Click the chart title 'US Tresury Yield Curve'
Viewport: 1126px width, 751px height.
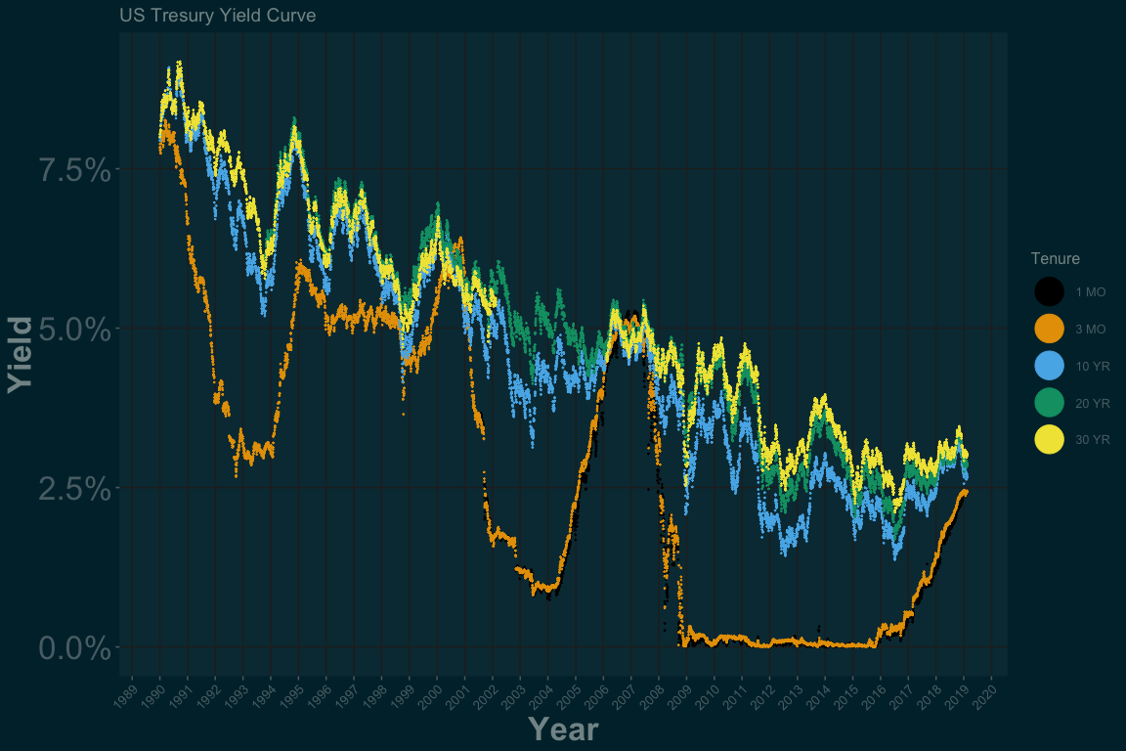tap(217, 17)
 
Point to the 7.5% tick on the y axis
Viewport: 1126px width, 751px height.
tap(74, 169)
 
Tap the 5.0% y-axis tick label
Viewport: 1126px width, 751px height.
tap(74, 329)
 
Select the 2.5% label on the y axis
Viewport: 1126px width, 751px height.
tap(74, 488)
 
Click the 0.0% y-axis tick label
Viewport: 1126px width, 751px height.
tap(74, 647)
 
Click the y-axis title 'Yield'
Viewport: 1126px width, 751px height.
tap(21, 354)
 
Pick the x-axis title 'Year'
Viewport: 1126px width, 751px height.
tap(563, 729)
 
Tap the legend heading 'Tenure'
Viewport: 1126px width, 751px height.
tap(1055, 258)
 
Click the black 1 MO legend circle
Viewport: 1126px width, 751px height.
tap(1049, 291)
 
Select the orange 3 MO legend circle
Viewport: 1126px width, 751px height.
tap(1049, 329)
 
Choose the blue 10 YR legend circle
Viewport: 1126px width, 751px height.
tap(1049, 366)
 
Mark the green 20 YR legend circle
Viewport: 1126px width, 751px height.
tap(1049, 403)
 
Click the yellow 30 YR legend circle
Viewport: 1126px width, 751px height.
tap(1049, 440)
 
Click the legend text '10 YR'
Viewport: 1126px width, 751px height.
tap(1093, 366)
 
